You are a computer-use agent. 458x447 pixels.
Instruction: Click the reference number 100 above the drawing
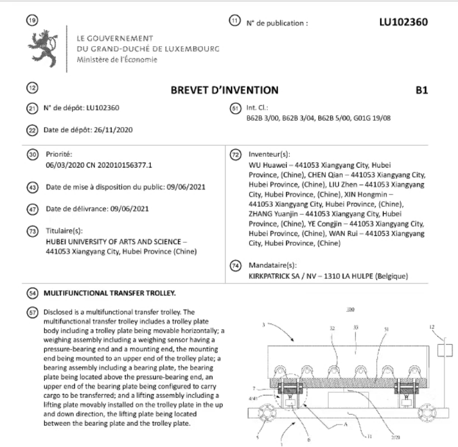tap(335, 313)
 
